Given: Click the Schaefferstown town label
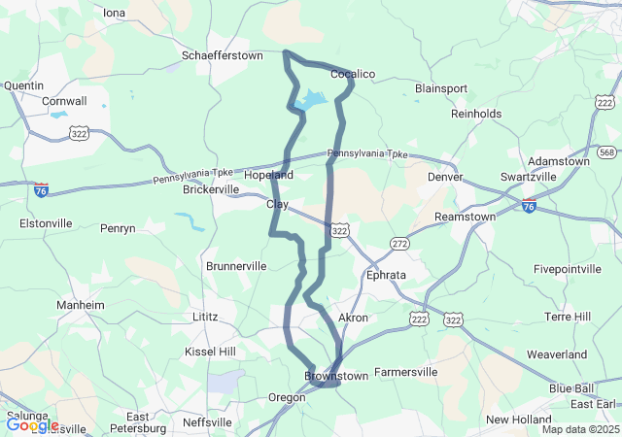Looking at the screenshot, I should tap(223, 55).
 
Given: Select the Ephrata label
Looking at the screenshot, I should tap(386, 275).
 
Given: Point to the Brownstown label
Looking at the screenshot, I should tap(336, 375).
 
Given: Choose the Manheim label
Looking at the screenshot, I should tap(81, 304).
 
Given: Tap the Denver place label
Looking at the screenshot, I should tap(445, 178).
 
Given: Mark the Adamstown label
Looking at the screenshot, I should tap(558, 160).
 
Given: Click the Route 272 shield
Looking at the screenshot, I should tap(400, 242).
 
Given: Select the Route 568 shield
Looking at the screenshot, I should tap(607, 152).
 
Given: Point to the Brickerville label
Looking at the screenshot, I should tap(211, 189).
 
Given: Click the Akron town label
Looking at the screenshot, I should tap(353, 318).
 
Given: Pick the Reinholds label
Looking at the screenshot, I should tap(476, 114).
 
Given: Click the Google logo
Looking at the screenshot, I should tap(32, 424).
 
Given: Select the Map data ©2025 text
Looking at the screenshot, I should tap(579, 429).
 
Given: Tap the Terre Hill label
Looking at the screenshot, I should tap(575, 317).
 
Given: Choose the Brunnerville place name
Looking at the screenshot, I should tap(236, 265).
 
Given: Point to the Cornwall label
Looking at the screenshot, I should tap(65, 100).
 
